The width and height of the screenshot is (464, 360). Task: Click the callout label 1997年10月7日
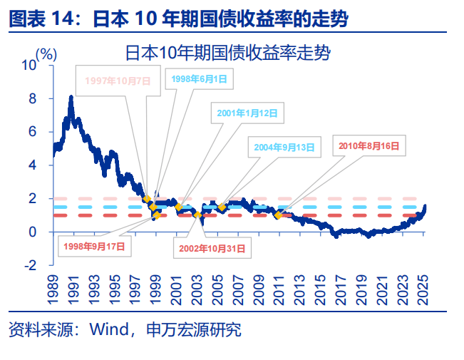[x=118, y=81]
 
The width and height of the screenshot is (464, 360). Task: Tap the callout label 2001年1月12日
[x=247, y=113]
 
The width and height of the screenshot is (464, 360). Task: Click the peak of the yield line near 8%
[x=71, y=96]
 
